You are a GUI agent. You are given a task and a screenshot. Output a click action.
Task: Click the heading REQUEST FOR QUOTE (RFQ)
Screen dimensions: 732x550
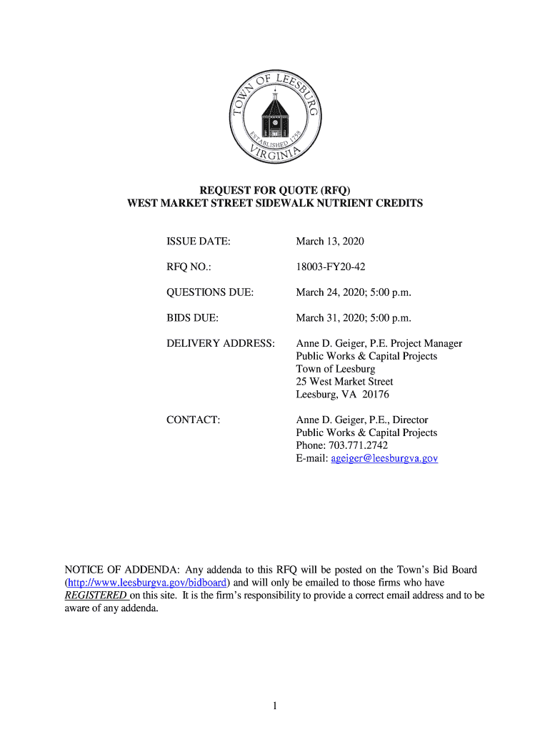(275, 190)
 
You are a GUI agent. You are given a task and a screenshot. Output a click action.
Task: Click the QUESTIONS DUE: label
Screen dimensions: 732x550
(210, 292)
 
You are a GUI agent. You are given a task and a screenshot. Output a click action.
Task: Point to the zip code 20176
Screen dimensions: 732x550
(375, 395)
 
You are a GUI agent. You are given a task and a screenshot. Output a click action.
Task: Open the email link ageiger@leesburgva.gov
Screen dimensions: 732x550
(384, 458)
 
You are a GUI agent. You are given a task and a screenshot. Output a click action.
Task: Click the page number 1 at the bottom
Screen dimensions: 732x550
(274, 706)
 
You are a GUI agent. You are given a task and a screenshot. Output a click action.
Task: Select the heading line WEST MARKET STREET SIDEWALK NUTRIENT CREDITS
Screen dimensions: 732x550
(275, 203)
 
